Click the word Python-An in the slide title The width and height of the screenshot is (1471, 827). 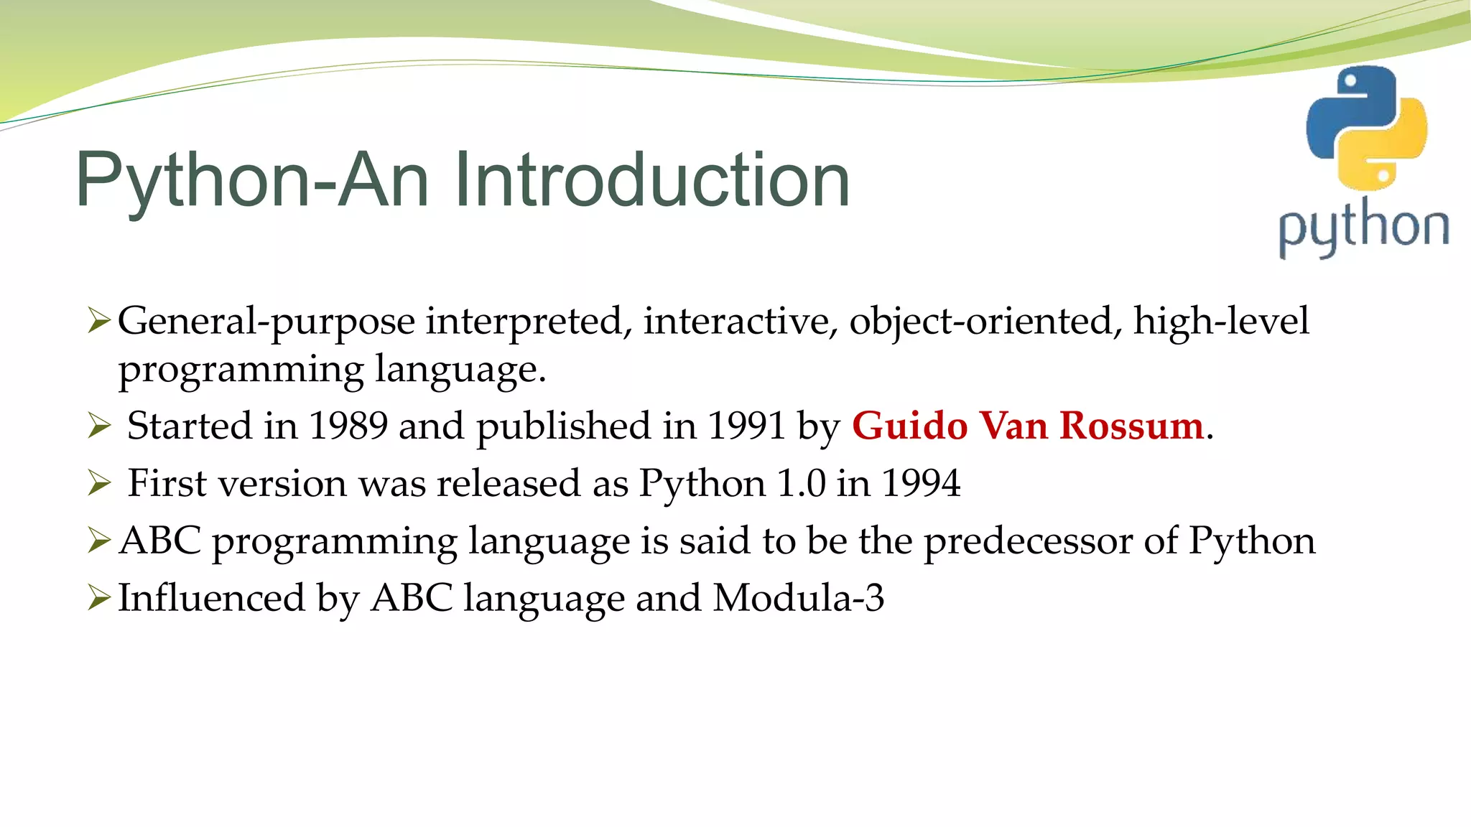pos(251,180)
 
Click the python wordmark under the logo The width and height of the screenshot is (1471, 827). pos(1363,228)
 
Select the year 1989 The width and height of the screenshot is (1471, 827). pos(348,426)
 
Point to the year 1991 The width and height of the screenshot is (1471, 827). pos(746,426)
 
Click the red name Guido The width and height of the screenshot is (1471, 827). pos(909,426)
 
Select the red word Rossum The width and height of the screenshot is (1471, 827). pos(1131,426)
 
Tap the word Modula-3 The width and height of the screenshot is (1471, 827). pos(798,598)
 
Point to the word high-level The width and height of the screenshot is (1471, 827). pos(1221,321)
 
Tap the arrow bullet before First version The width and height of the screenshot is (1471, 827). pos(98,483)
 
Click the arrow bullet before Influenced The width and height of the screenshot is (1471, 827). pos(98,597)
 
